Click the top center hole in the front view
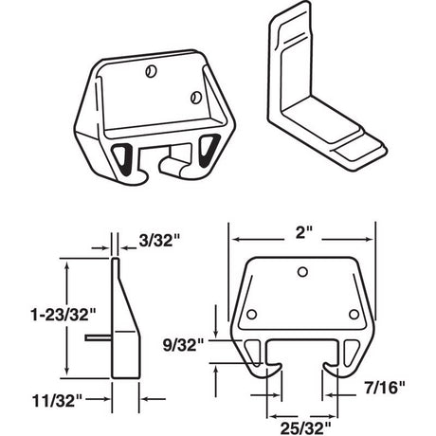pyautogui.click(x=301, y=273)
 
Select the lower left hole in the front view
pyautogui.click(x=251, y=314)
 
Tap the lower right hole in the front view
pyautogui.click(x=352, y=314)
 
